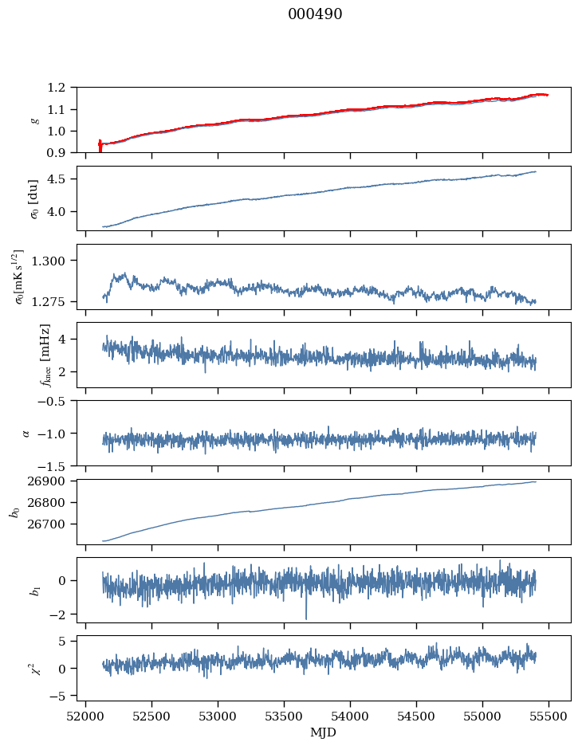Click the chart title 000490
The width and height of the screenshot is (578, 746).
[x=315, y=14]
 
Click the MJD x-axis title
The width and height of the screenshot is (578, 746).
[x=324, y=732]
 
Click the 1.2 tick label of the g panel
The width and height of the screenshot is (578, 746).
[x=61, y=88]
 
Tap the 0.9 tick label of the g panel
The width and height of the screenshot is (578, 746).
[x=61, y=153]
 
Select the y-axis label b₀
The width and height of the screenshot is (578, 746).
[x=14, y=511]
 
